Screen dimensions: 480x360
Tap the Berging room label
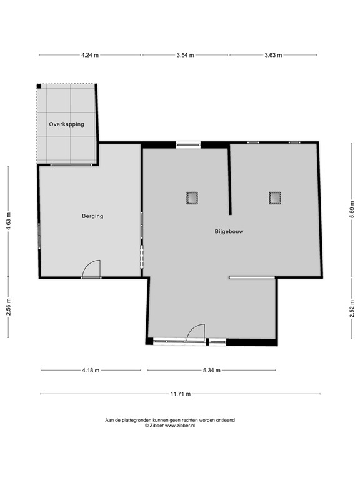[x=92, y=216]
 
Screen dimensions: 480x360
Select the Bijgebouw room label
[x=229, y=231]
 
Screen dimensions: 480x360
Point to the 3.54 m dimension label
[x=185, y=55]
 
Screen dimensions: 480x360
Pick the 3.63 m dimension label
[x=273, y=55]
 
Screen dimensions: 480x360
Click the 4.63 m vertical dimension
[x=9, y=221]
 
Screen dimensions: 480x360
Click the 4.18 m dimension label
[x=91, y=371]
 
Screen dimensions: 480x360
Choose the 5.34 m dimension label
[x=212, y=371]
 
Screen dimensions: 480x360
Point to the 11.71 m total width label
[x=181, y=394]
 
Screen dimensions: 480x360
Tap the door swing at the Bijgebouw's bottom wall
[x=196, y=332]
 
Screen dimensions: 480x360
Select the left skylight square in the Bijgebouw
[x=192, y=198]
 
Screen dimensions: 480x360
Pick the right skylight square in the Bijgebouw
[x=275, y=198]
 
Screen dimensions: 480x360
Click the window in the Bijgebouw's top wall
[x=188, y=145]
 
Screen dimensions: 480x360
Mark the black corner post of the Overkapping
[x=39, y=86]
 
